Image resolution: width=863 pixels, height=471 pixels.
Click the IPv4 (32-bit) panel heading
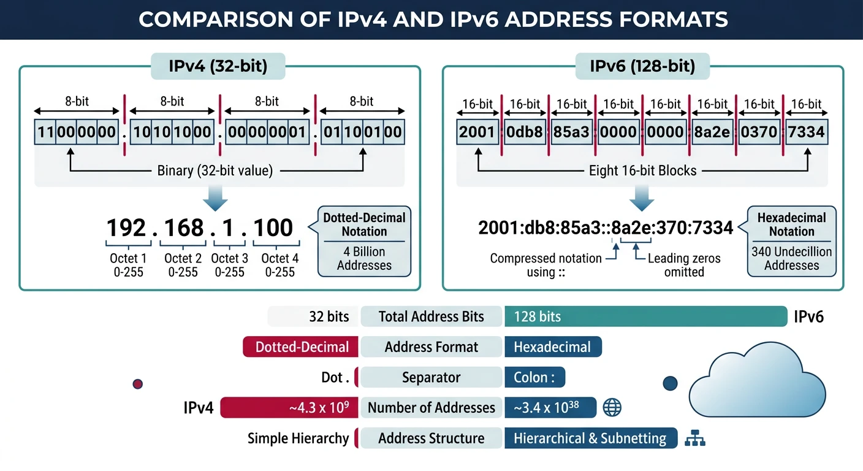[x=218, y=66]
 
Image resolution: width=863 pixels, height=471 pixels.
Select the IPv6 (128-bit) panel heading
[x=642, y=66]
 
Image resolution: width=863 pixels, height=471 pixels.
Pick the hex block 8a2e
[x=713, y=132]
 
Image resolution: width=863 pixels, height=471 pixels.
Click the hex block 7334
[x=807, y=132]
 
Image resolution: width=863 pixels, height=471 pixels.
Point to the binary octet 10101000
[x=172, y=132]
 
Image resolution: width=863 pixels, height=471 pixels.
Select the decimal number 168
[x=184, y=228]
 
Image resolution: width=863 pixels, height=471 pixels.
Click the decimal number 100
[x=273, y=228]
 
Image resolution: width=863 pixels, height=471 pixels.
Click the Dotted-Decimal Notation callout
[x=364, y=241]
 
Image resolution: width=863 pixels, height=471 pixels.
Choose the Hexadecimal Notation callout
[x=791, y=241]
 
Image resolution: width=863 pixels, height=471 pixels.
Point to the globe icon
[x=612, y=407]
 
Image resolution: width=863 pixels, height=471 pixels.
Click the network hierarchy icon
[x=694, y=438]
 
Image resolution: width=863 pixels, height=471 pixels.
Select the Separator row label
[x=431, y=377]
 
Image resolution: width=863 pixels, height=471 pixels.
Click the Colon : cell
[x=534, y=377]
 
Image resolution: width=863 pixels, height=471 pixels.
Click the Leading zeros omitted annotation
[x=684, y=265]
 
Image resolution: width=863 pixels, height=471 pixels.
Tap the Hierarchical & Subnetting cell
[x=590, y=438]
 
